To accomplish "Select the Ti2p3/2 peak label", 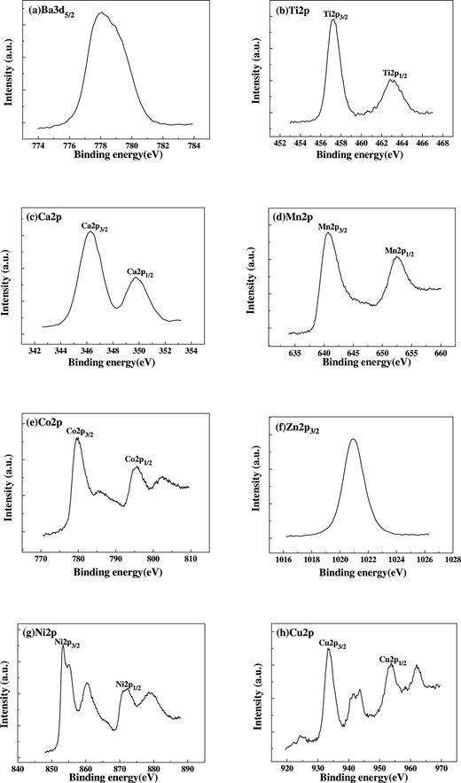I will click(334, 13).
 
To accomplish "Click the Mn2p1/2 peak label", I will click(399, 251).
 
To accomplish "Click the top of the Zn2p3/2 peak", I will click(354, 439).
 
